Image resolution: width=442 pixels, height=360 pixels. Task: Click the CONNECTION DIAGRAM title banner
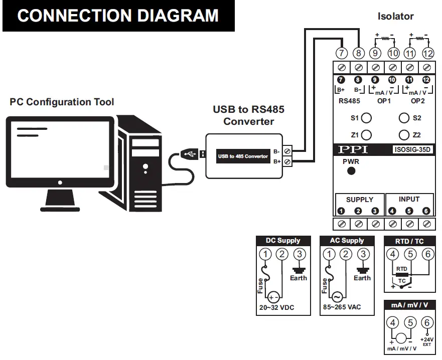[x=118, y=16]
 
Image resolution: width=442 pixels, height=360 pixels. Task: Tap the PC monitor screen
[x=60, y=146]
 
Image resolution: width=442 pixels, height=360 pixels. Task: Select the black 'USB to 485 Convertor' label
[x=243, y=156]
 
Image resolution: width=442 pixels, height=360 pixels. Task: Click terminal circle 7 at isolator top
[x=341, y=53]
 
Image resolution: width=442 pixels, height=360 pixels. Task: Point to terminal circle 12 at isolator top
[x=427, y=53]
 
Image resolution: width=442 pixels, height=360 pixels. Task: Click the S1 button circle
[x=367, y=118]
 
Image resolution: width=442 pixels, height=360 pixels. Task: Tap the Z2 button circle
[x=404, y=135]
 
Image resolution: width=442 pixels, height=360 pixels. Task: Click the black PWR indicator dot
[x=351, y=170]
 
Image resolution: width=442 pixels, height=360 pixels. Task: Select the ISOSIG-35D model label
[x=412, y=149]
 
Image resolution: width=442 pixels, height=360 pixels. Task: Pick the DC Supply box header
[x=283, y=241]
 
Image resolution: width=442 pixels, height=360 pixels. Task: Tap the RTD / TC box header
[x=409, y=241]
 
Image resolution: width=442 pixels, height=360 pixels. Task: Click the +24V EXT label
[x=427, y=341]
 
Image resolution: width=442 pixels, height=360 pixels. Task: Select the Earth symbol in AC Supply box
[x=362, y=269]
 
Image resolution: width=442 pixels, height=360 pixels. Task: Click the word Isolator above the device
[x=395, y=16]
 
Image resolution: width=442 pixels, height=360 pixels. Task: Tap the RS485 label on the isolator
[x=350, y=101]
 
